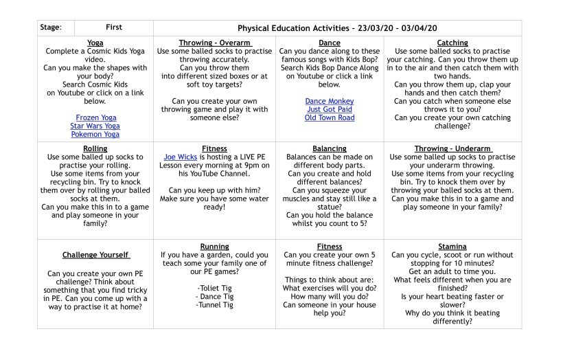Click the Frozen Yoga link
click(x=95, y=117)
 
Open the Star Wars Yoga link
click(x=95, y=126)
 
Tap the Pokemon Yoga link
click(x=95, y=134)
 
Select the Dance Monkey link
click(x=330, y=101)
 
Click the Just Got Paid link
click(x=330, y=109)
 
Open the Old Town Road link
click(x=330, y=117)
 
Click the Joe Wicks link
click(x=180, y=157)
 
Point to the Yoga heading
click(x=95, y=43)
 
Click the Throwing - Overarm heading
click(x=215, y=43)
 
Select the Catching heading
click(x=452, y=43)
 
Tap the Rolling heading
click(x=95, y=148)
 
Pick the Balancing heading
click(x=330, y=148)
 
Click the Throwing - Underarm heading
click(x=452, y=148)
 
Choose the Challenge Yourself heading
click(x=95, y=255)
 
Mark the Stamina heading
click(x=452, y=246)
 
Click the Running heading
click(x=215, y=246)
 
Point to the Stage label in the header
click(x=51, y=27)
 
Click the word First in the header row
click(x=114, y=27)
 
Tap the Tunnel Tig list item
click(x=215, y=304)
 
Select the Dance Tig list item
click(x=215, y=296)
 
